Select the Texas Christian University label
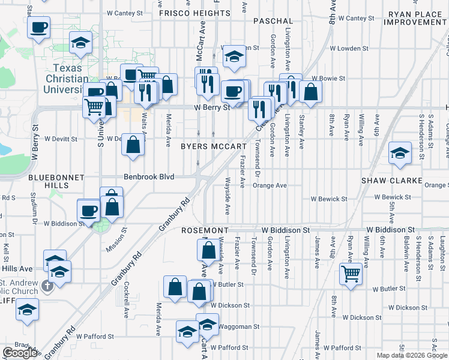66,79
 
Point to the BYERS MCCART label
214,146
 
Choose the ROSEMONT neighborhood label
205,230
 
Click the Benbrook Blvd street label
149,177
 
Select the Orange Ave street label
270,185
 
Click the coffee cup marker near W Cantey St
38,27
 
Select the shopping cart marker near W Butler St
351,273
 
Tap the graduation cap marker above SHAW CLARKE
399,153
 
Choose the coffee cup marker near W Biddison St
89,211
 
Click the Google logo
20,353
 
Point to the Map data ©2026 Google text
412,355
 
